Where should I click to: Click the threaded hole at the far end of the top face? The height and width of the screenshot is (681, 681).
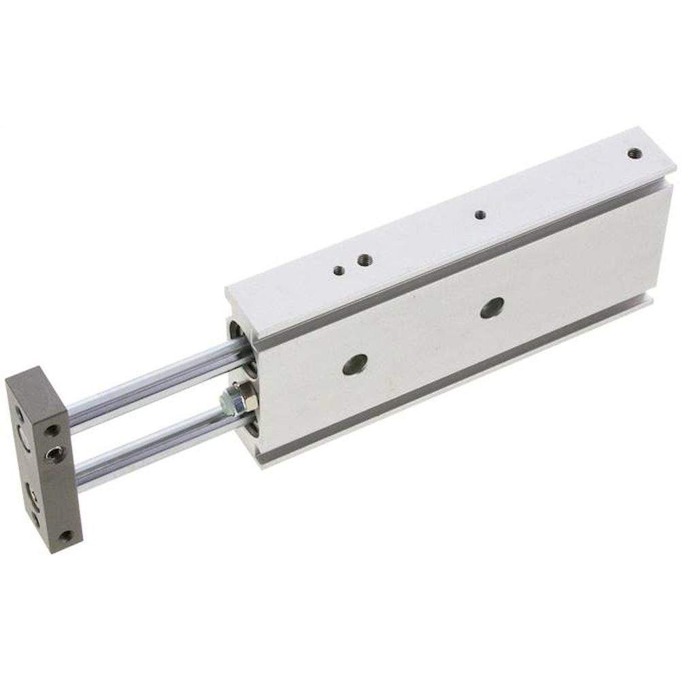634,153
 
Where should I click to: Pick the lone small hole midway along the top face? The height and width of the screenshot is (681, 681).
480,214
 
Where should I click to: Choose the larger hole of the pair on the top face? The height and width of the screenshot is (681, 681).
364,259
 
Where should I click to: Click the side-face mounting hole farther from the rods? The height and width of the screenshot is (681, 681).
492,307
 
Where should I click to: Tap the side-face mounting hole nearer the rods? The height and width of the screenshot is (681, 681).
355,364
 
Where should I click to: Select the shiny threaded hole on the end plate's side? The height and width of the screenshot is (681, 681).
52,452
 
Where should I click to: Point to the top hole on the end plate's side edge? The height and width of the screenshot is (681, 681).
50,430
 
